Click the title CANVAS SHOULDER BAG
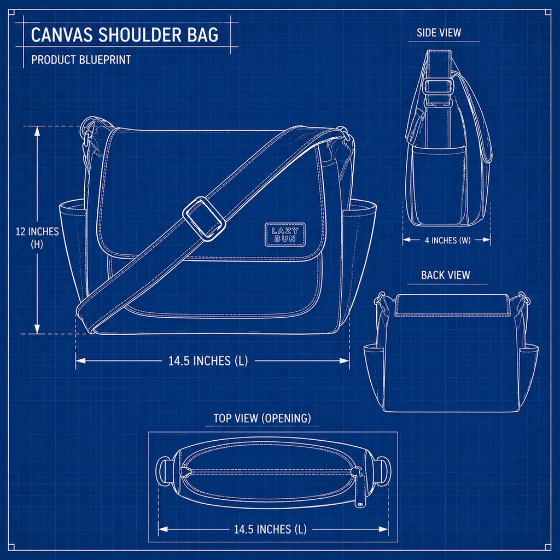pos(124,35)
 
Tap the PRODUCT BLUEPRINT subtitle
pos(81,60)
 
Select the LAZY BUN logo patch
pos(285,235)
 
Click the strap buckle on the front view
pos(204,219)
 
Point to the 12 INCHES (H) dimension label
pos(37,237)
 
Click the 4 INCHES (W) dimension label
pos(447,241)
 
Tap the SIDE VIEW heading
pos(439,33)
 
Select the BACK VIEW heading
pos(445,275)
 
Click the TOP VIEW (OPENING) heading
pos(262,418)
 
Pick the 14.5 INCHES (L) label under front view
pos(208,361)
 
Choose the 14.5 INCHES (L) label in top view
pos(270,529)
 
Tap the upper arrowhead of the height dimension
pos(37,131)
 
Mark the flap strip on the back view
pos(452,305)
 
